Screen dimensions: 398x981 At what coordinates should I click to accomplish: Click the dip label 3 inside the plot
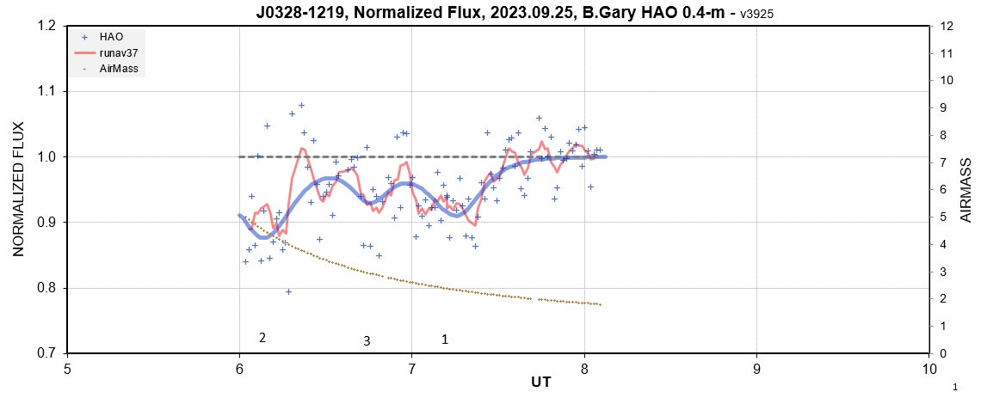click(x=367, y=341)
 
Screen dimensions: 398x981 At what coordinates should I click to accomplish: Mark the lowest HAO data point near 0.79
click(x=288, y=291)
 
